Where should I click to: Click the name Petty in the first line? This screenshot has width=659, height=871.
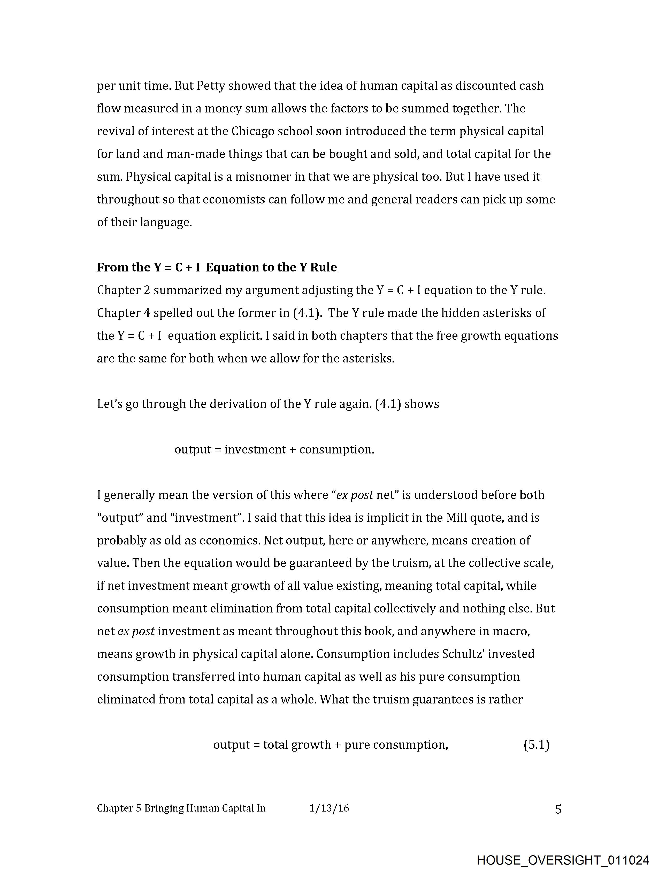211,86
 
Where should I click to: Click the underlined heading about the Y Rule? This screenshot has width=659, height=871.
217,267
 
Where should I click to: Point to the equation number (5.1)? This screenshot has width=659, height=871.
536,745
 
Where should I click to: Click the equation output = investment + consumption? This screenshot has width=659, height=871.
274,449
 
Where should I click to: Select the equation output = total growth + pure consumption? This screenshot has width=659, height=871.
331,745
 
